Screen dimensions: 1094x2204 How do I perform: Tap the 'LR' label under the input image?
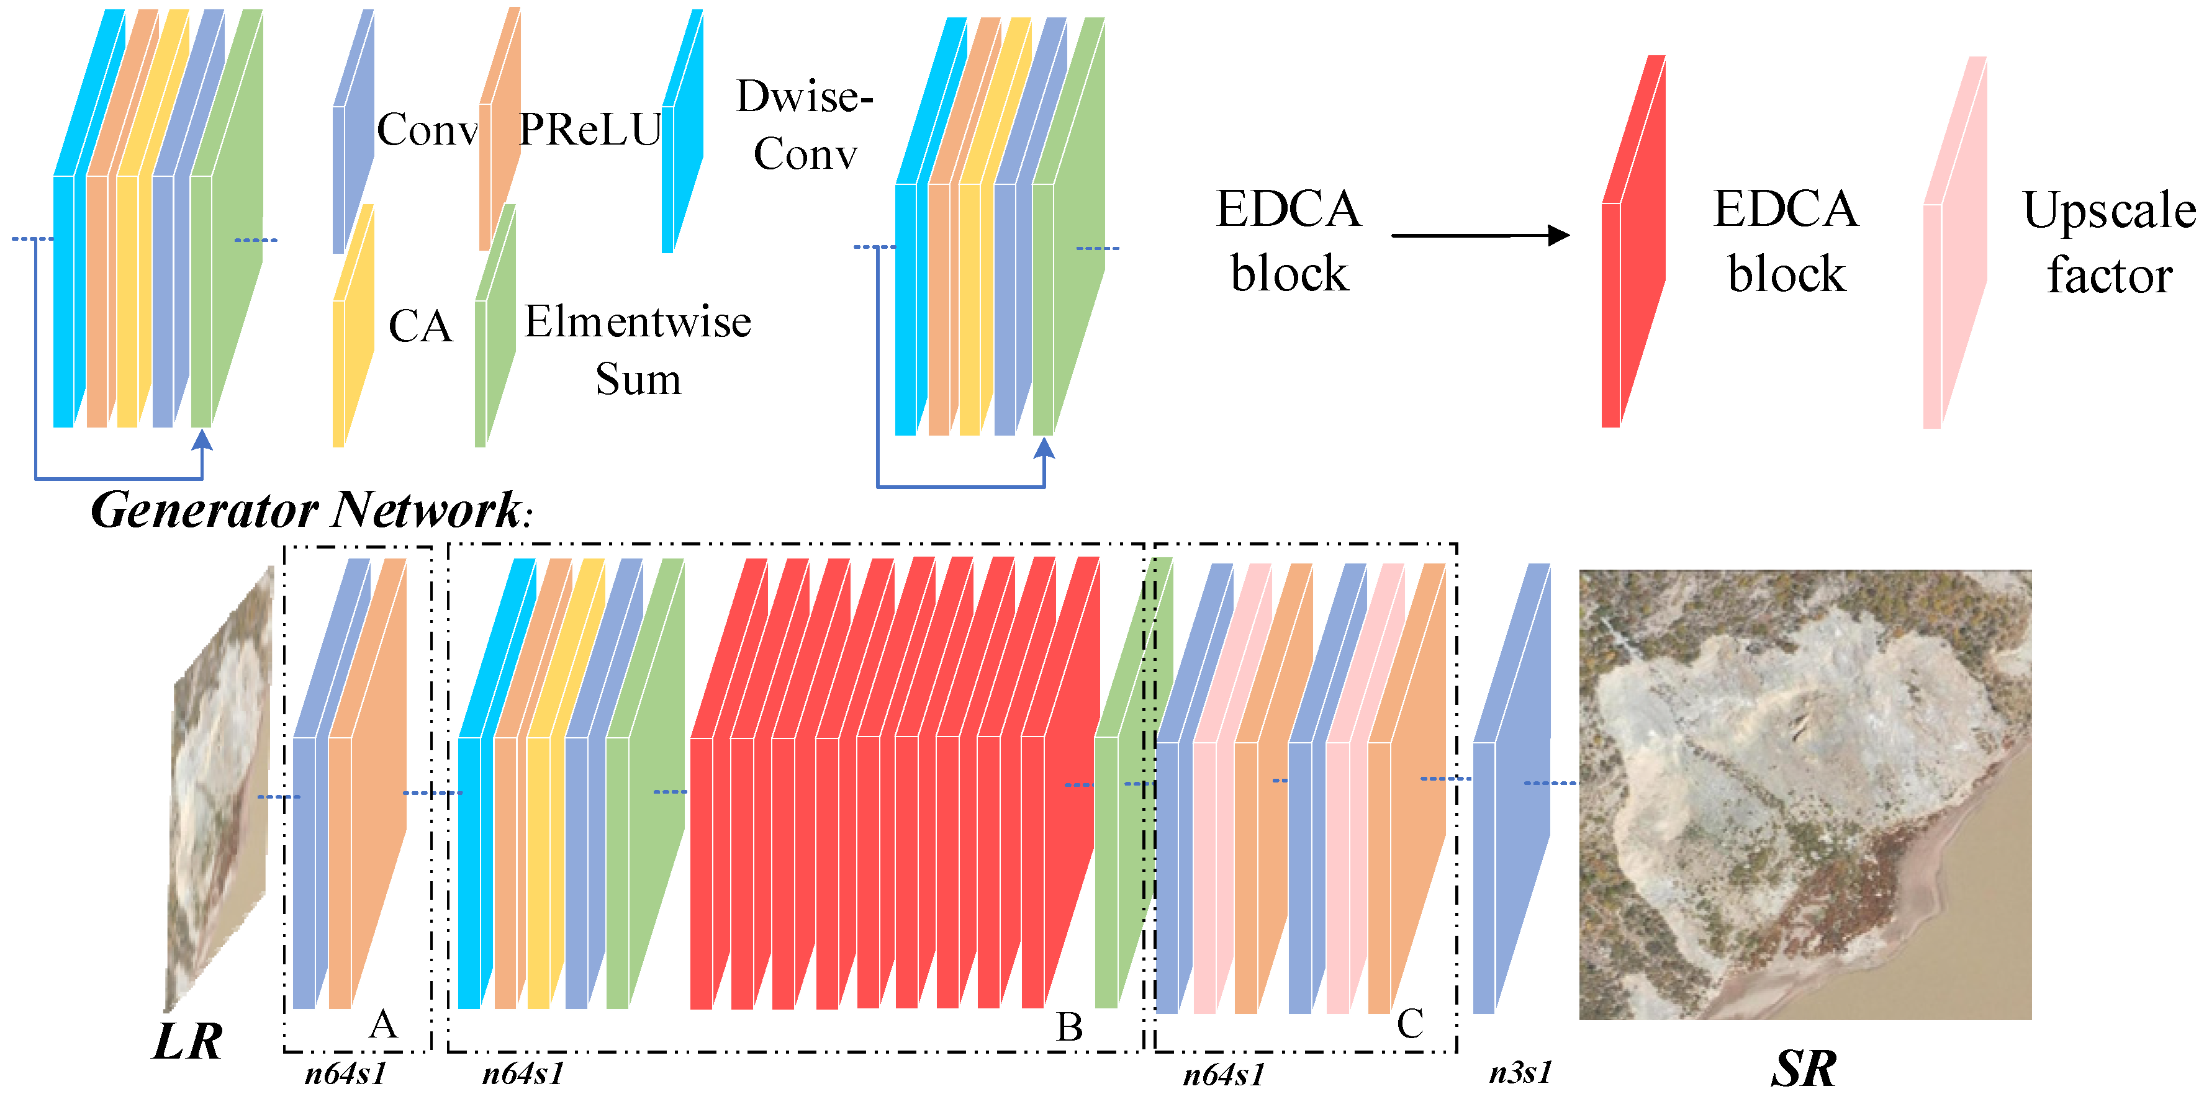(x=187, y=1041)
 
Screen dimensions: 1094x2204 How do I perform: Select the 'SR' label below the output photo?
(x=1803, y=1067)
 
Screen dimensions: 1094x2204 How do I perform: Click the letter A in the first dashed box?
(x=382, y=1023)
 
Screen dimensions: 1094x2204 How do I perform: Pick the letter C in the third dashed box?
(x=1410, y=1023)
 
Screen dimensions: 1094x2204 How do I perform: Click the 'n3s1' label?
(x=1520, y=1072)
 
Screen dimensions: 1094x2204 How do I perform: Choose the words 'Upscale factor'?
(x=2109, y=243)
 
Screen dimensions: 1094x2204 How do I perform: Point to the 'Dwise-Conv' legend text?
(x=804, y=125)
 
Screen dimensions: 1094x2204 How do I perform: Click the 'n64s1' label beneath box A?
(x=346, y=1073)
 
